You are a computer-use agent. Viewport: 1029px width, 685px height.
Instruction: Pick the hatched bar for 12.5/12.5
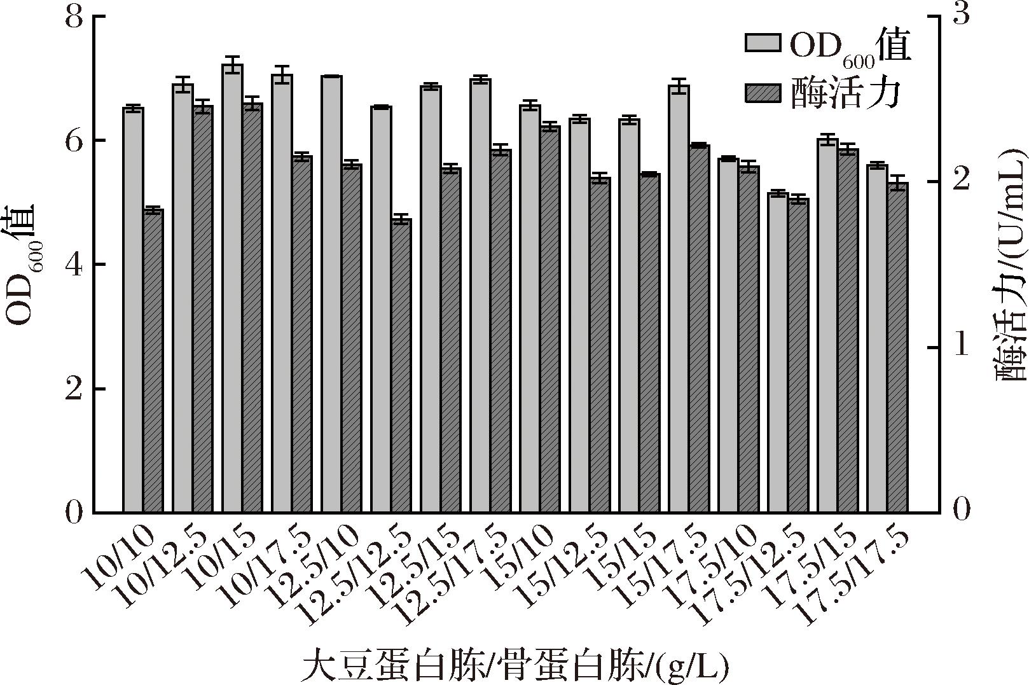coord(401,366)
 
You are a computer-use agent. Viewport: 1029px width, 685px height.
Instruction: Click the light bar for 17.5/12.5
coord(778,352)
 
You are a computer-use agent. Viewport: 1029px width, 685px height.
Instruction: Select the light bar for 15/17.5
coord(679,299)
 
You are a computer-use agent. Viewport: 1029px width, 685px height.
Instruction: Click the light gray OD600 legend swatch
coord(763,43)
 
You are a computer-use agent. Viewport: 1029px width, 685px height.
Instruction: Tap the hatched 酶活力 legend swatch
coord(763,93)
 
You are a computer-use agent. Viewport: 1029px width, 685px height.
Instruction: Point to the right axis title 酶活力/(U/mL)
coord(1011,264)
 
